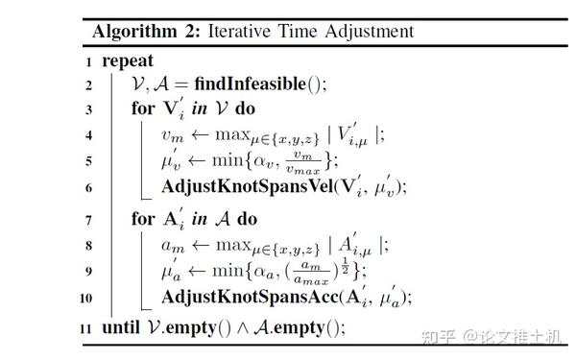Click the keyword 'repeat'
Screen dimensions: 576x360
(128, 60)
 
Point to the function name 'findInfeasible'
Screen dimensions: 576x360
(254, 84)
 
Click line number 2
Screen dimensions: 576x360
(86, 84)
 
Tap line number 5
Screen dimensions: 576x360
(86, 160)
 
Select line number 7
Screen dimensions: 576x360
(86, 220)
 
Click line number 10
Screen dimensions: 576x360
(84, 298)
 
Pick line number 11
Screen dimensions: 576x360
(84, 328)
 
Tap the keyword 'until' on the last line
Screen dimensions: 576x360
(121, 327)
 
